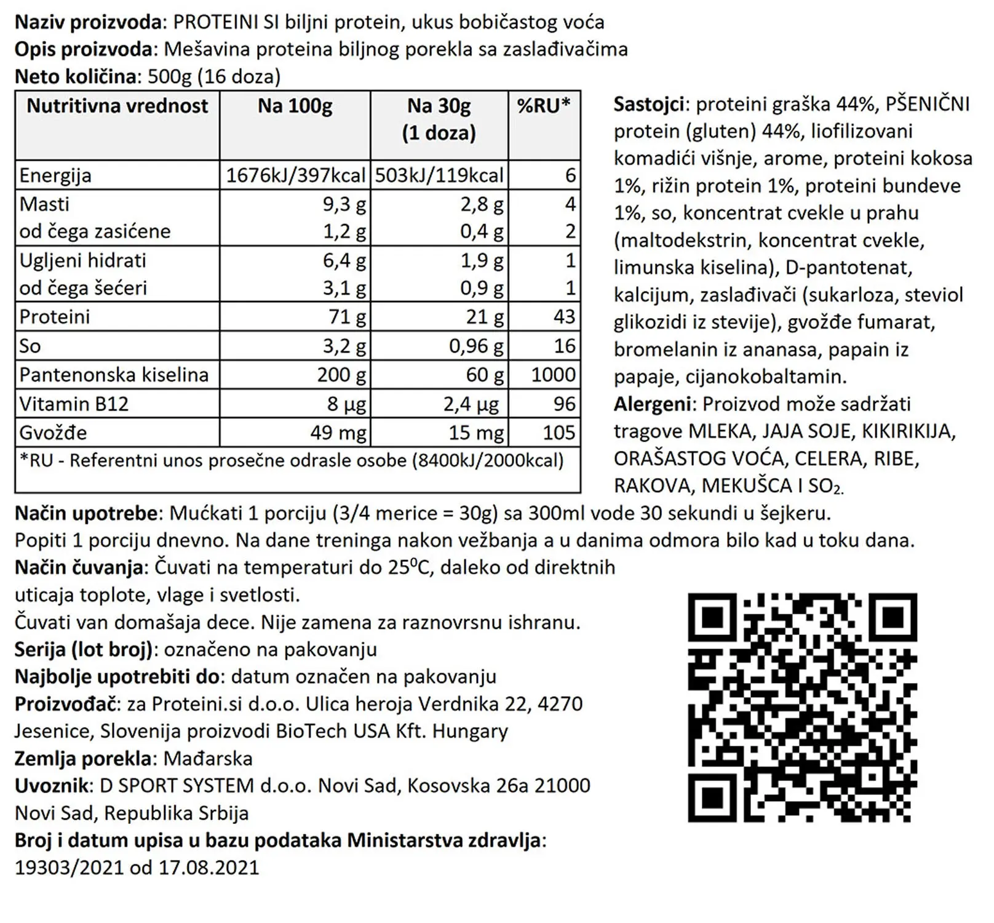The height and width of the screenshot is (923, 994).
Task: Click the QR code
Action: pyautogui.click(x=802, y=708)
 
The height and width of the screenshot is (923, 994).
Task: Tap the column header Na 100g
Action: pyautogui.click(x=295, y=106)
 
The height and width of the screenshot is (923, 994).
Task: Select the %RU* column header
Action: pyautogui.click(x=544, y=106)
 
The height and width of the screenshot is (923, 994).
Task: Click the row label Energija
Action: pyautogui.click(x=55, y=175)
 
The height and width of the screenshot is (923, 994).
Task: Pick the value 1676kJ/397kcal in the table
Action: pyautogui.click(x=296, y=175)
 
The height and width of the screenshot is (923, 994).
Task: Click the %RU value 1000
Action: pyautogui.click(x=553, y=375)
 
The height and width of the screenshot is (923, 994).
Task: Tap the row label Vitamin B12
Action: pyautogui.click(x=74, y=404)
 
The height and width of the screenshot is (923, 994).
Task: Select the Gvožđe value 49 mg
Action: pyautogui.click(x=338, y=433)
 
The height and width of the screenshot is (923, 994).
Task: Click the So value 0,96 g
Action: pyautogui.click(x=476, y=346)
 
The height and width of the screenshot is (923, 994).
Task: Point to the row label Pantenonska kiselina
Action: pyautogui.click(x=114, y=375)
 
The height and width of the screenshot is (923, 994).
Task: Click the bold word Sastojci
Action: pyautogui.click(x=649, y=105)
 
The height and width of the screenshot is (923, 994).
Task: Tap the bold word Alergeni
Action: pyautogui.click(x=652, y=404)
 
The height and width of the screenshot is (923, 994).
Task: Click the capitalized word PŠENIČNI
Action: pyautogui.click(x=928, y=105)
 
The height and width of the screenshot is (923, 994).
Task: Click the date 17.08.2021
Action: pyautogui.click(x=209, y=868)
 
